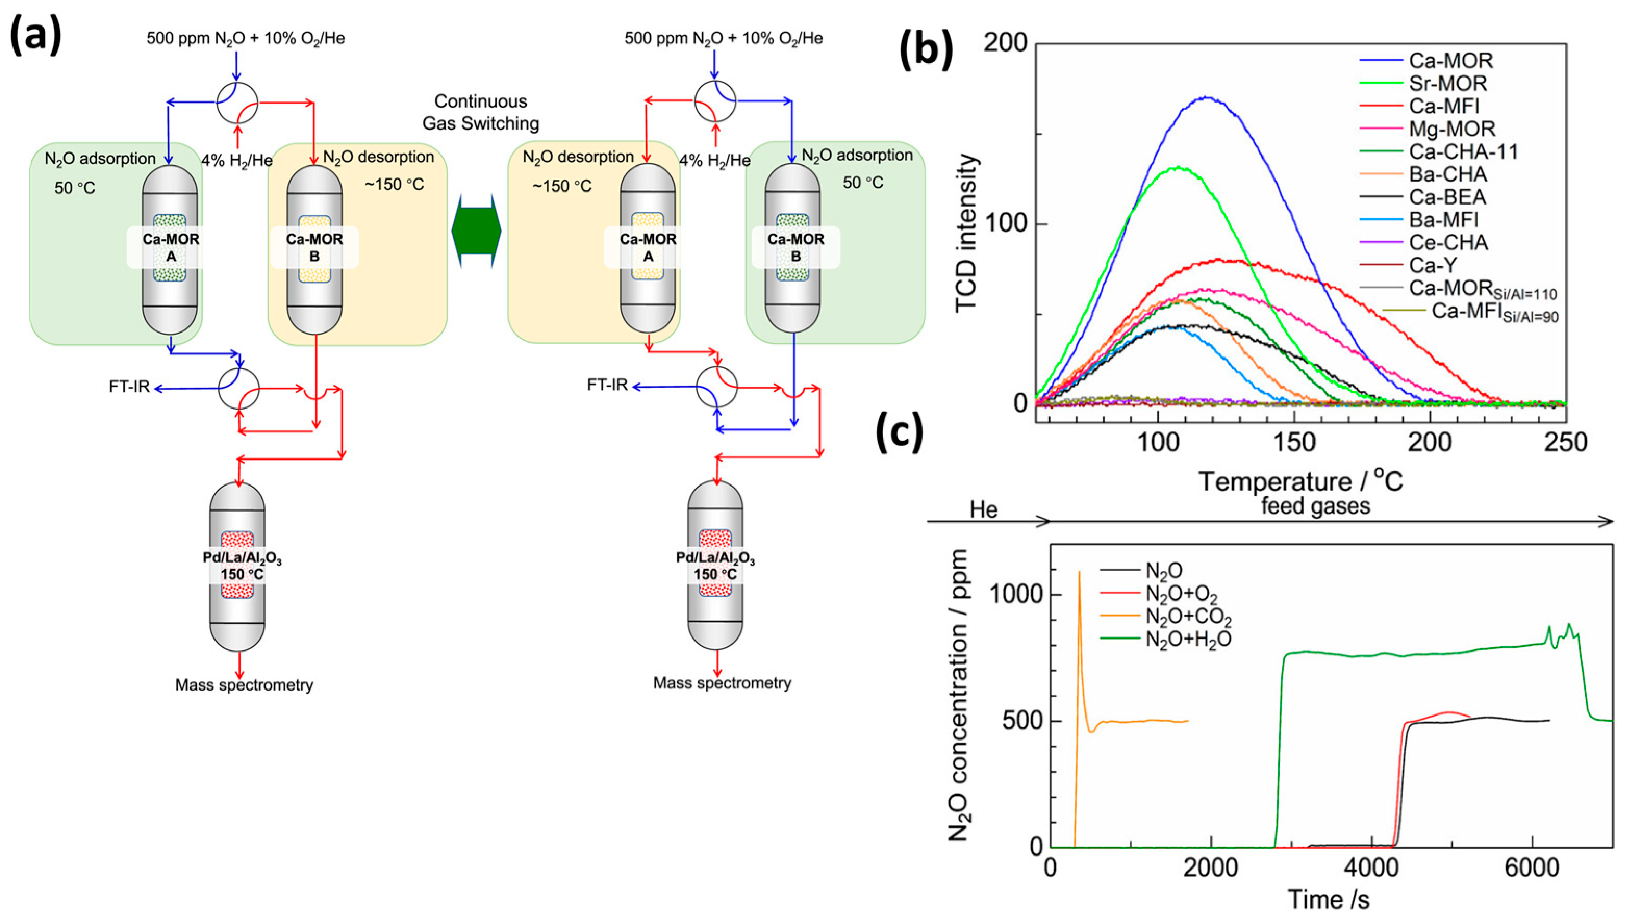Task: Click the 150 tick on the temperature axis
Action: point(1294,442)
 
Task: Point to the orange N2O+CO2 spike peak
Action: point(1079,572)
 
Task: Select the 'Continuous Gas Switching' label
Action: point(481,112)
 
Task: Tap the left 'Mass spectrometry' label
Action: point(244,684)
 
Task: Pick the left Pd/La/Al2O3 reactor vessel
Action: point(238,566)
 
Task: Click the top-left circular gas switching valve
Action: point(237,103)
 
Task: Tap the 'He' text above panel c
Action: point(984,509)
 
